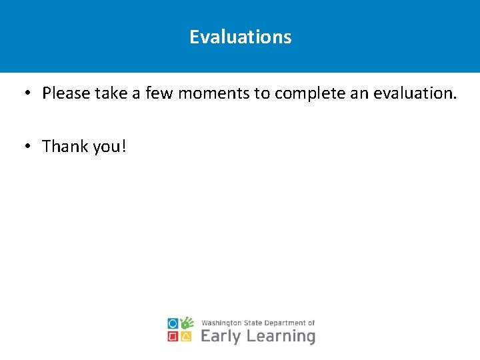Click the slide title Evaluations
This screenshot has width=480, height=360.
(240, 37)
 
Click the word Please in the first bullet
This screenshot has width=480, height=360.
(66, 93)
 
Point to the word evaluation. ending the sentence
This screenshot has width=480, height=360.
(415, 93)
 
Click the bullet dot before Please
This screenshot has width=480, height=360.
(25, 93)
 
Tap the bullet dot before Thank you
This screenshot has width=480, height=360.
(25, 146)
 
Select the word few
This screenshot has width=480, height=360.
(159, 93)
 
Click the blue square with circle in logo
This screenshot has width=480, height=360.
(173, 323)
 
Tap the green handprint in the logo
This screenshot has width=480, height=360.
(187, 323)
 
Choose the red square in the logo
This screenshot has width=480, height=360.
(173, 337)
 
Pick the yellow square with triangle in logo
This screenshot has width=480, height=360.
(187, 337)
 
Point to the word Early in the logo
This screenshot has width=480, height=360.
(221, 336)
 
